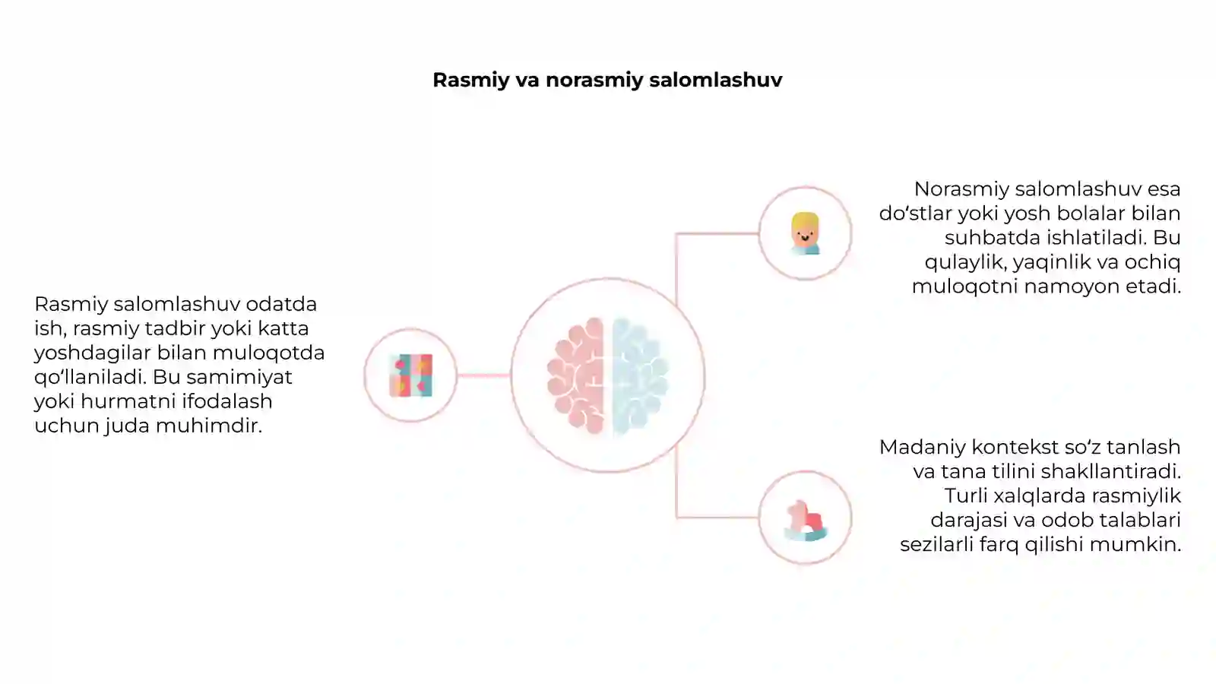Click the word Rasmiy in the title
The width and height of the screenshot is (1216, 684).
pos(471,81)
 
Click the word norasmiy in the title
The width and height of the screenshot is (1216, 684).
pos(594,81)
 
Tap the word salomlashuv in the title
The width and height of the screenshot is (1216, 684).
pos(716,80)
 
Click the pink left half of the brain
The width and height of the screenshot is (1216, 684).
pos(576,375)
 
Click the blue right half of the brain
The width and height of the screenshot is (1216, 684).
pos(640,375)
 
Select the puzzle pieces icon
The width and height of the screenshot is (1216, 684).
pos(411,375)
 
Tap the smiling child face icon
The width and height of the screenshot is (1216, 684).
pos(805,233)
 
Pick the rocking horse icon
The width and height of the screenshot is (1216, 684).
pos(806,521)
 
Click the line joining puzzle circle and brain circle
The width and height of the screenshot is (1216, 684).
pos(483,375)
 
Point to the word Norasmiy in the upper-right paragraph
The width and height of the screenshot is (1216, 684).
pos(961,189)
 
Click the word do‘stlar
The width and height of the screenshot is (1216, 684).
pos(915,214)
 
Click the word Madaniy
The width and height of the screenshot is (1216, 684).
pos(923,448)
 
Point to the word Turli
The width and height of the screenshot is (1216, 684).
pos(966,496)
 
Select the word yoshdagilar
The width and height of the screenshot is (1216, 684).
pos(92,353)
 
